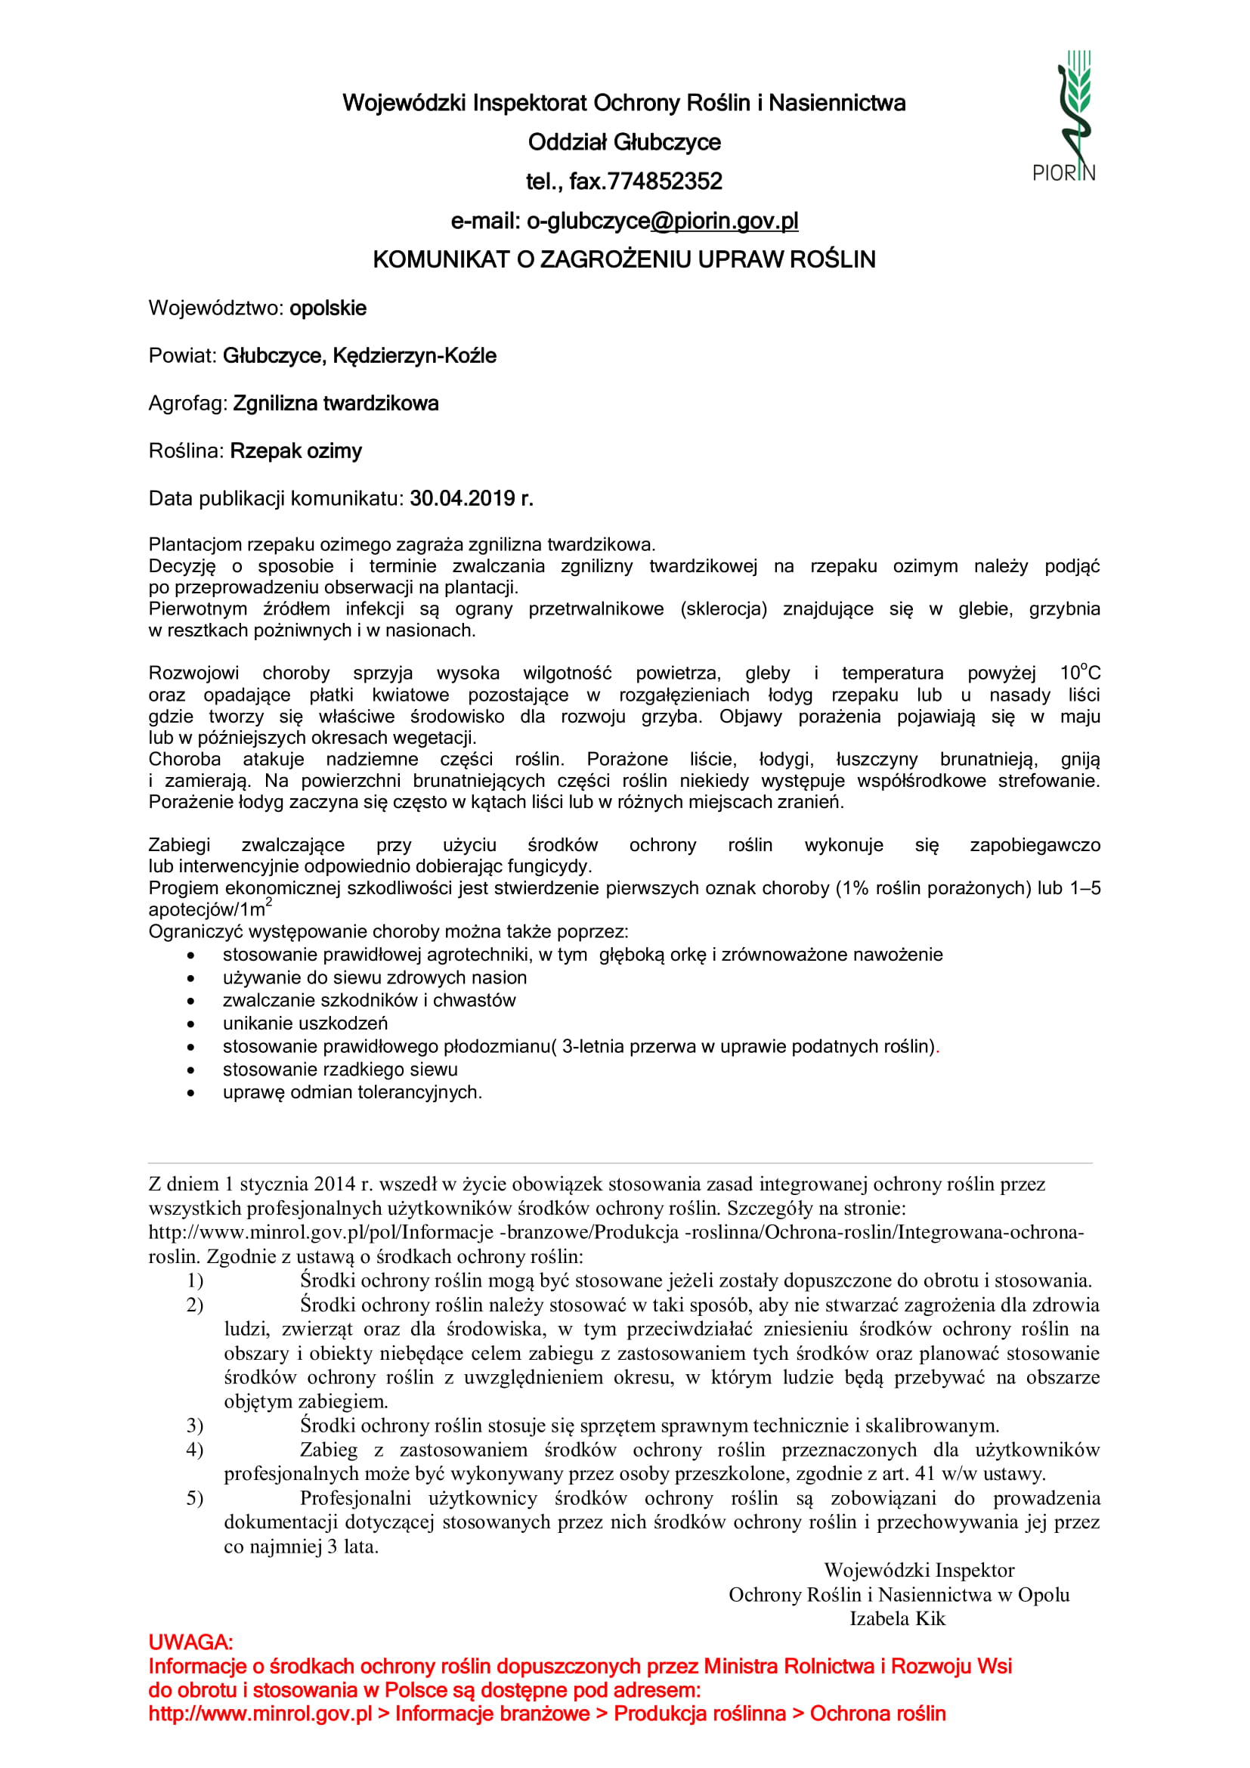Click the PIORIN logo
[1066, 116]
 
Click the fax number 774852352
[665, 181]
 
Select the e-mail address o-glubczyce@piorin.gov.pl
[662, 221]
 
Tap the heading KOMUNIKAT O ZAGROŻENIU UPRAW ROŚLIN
[623, 259]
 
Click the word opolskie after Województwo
[328, 308]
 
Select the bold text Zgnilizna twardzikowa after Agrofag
[336, 404]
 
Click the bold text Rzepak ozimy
[295, 451]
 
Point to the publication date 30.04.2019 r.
[471, 499]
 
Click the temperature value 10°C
[1080, 672]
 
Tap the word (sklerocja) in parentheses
[723, 609]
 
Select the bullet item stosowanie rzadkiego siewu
[340, 1070]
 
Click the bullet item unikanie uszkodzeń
[305, 1023]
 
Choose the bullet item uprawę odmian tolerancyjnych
[351, 1093]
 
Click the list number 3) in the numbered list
[195, 1426]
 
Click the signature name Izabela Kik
[897, 1618]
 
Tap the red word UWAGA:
[190, 1643]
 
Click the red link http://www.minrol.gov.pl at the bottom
[260, 1714]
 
